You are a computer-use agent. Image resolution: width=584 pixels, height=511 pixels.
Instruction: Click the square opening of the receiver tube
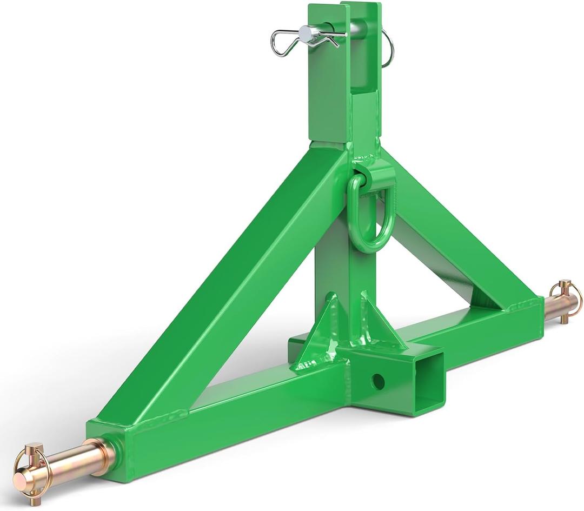(424, 383)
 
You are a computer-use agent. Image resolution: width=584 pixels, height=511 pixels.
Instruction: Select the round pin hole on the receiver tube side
(378, 382)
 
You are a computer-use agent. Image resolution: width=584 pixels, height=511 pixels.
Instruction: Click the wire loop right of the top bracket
(388, 49)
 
